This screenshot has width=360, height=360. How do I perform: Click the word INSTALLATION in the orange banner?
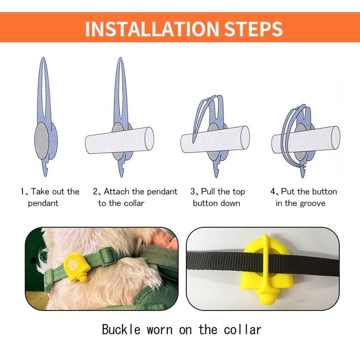pyautogui.click(x=152, y=29)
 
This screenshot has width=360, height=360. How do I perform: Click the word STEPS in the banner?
pyautogui.click(x=253, y=29)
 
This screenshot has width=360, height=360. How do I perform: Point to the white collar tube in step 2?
pyautogui.click(x=119, y=140)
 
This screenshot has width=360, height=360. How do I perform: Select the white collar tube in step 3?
pyautogui.click(x=215, y=139)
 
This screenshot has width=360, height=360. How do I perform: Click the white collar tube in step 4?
pyautogui.click(x=306, y=139)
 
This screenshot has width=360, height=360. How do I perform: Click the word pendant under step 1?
pyautogui.click(x=43, y=203)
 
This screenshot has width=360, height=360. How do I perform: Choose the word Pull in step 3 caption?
pyautogui.click(x=208, y=192)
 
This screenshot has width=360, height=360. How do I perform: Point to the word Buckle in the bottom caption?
pyautogui.click(x=121, y=329)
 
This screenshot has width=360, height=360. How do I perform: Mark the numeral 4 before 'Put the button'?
pyautogui.click(x=273, y=191)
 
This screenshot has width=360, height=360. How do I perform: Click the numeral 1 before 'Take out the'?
pyautogui.click(x=22, y=191)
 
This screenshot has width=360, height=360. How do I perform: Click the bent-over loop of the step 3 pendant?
pyautogui.click(x=208, y=108)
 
